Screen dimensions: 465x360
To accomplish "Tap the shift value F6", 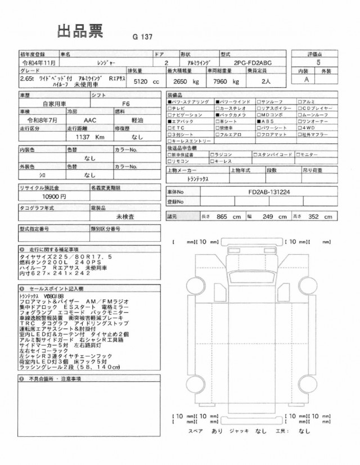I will click(x=125, y=104).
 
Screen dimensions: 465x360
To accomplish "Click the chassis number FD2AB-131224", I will click(x=269, y=191).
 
